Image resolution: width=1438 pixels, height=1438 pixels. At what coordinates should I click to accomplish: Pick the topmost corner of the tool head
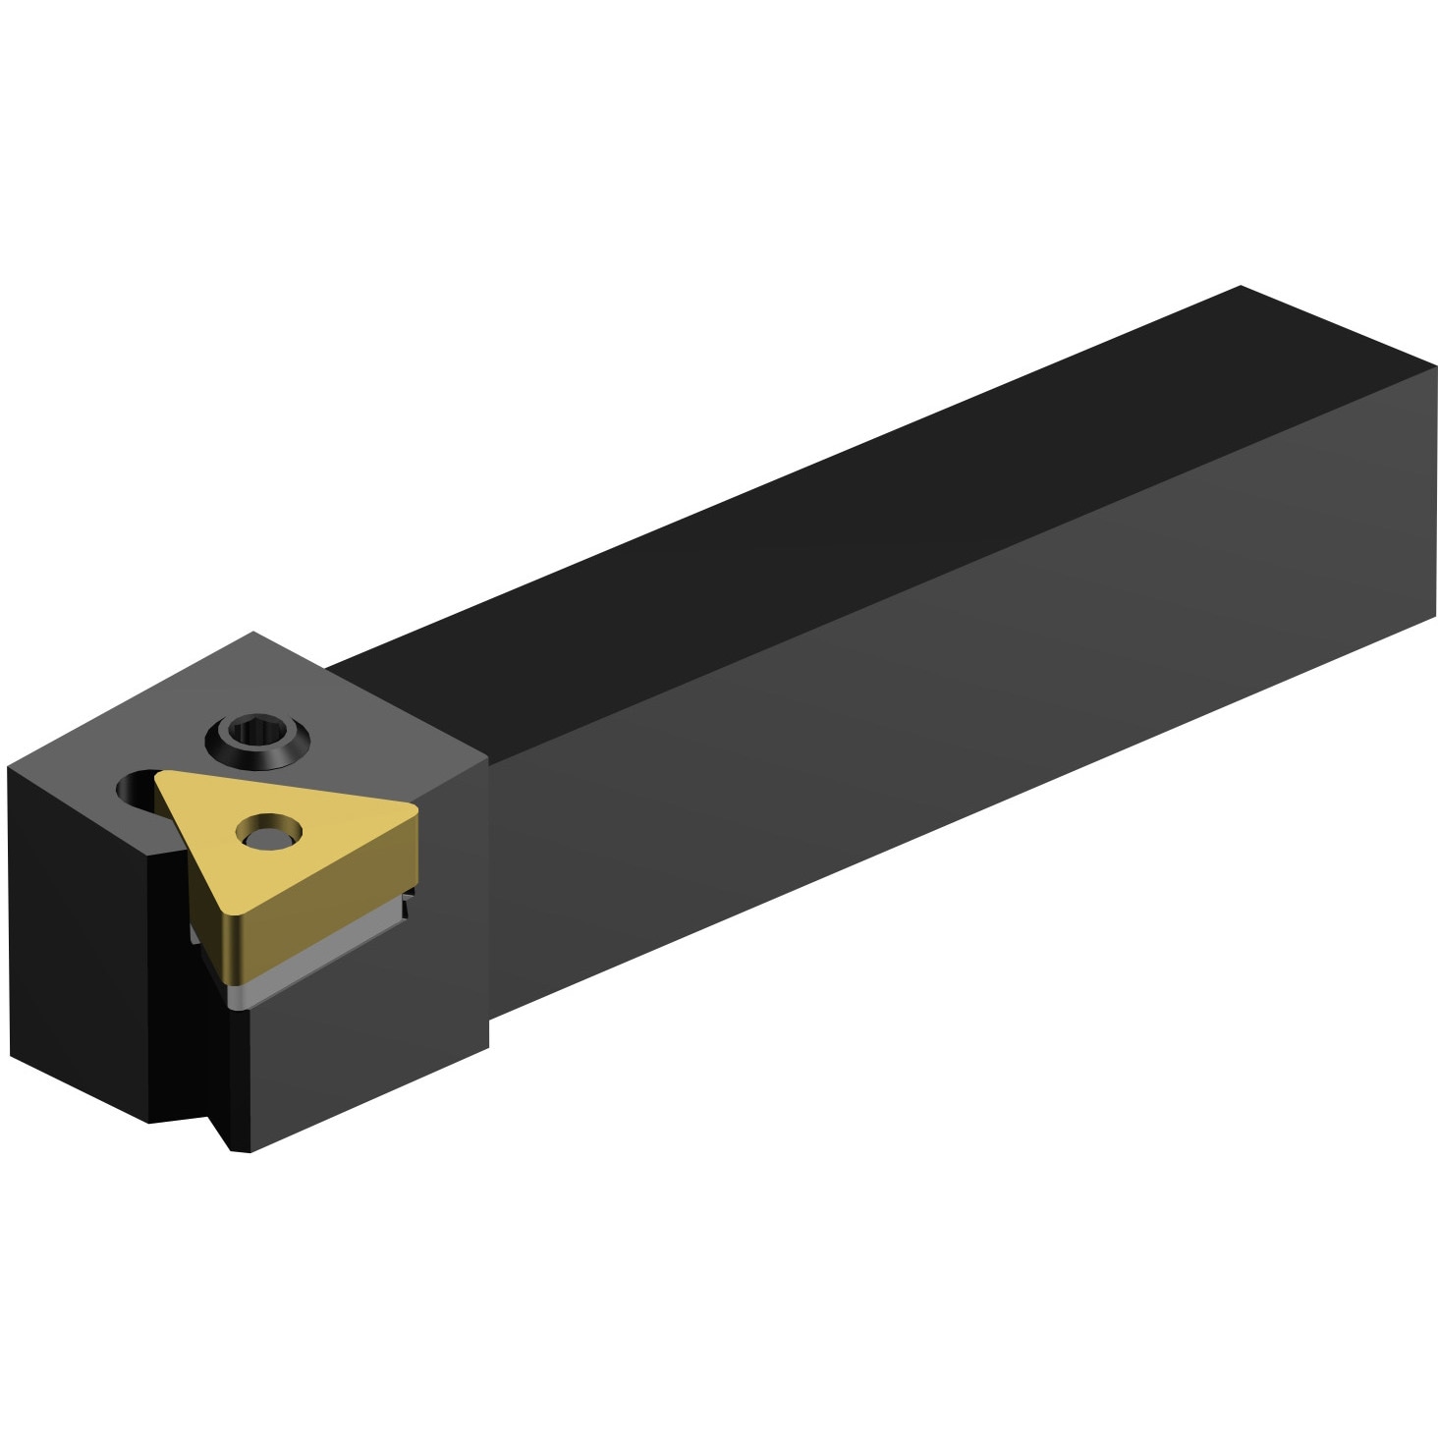[x=253, y=633]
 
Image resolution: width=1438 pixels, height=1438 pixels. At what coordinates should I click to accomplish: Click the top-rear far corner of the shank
[x=1241, y=287]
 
